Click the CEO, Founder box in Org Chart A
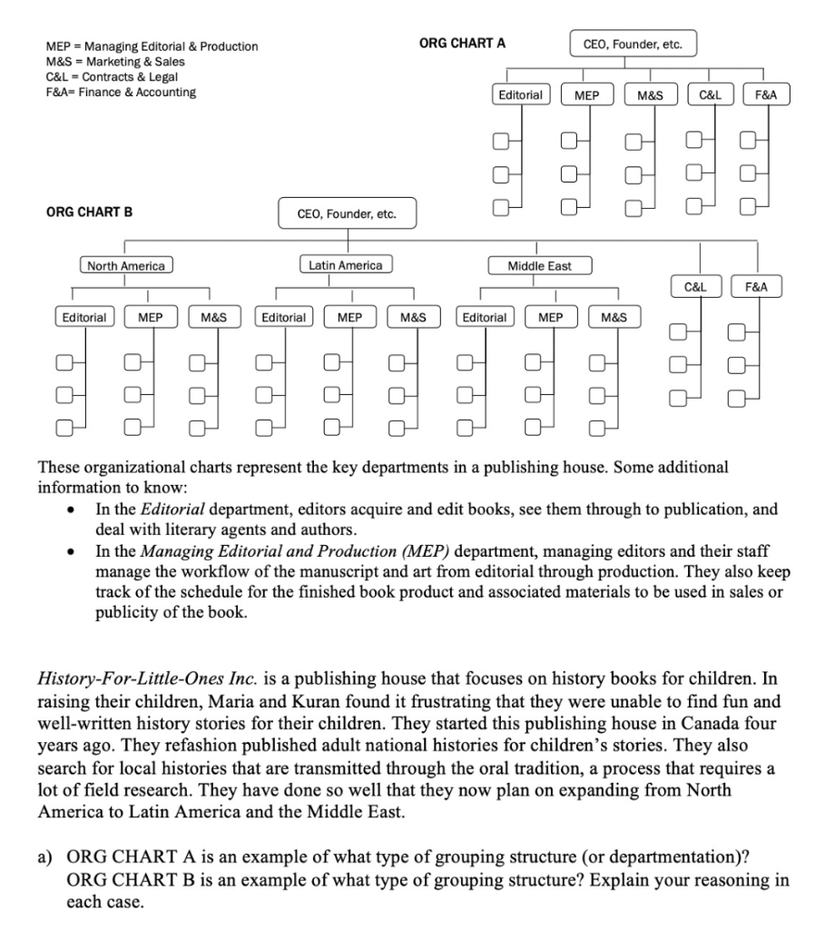tap(633, 44)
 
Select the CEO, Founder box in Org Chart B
tap(347, 214)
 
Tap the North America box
tap(125, 266)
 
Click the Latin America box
tap(346, 265)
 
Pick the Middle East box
tap(539, 266)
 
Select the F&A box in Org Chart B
tap(755, 287)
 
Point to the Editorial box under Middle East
tap(485, 318)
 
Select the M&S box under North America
tap(213, 318)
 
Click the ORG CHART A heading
tap(463, 43)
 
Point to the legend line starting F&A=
tap(120, 92)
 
